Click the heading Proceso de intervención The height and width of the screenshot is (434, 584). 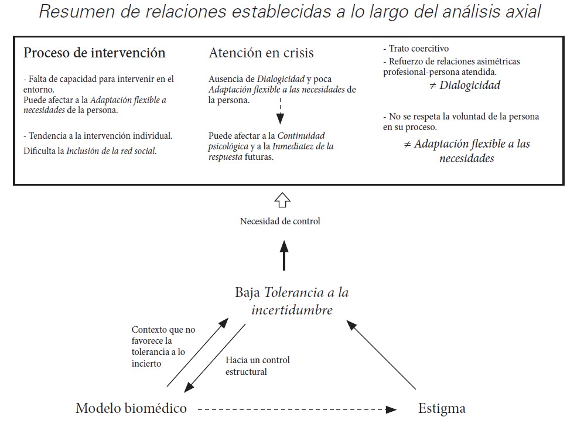tap(94, 53)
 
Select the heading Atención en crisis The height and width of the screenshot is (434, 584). tap(261, 53)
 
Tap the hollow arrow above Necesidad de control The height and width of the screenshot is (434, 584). tap(283, 201)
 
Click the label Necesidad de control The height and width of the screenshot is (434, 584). tap(280, 221)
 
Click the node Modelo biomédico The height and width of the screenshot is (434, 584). tap(131, 408)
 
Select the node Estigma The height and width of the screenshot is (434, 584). tap(442, 408)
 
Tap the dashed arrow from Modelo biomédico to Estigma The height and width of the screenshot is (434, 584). tap(299, 409)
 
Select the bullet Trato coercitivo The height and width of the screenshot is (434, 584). tap(415, 49)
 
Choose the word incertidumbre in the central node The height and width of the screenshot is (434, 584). tap(292, 310)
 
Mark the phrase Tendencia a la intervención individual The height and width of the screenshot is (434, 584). tap(98, 136)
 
